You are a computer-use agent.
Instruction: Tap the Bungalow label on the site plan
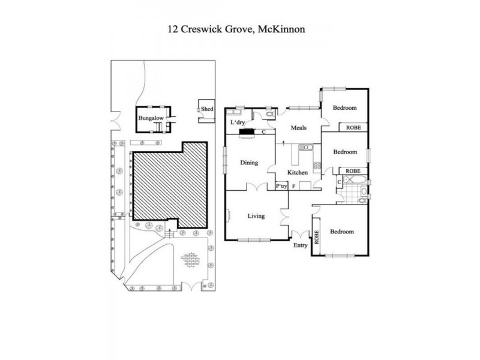tap(151, 118)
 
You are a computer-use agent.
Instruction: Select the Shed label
tap(208, 109)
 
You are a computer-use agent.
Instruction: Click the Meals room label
tap(299, 127)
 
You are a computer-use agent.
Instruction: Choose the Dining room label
tap(249, 162)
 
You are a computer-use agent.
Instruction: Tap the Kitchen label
tap(298, 173)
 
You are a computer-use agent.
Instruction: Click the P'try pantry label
tap(281, 187)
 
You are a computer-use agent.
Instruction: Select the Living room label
tap(256, 216)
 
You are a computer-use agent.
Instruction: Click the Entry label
tap(300, 245)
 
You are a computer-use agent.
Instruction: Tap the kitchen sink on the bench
tap(305, 147)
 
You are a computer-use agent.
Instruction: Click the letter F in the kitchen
tap(293, 187)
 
